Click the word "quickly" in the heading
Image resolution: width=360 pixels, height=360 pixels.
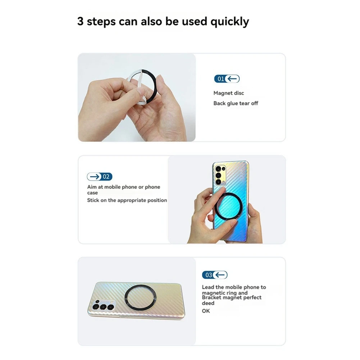[x=229, y=22]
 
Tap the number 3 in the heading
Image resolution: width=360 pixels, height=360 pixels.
[x=81, y=21]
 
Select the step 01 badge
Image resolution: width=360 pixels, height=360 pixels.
[x=227, y=79]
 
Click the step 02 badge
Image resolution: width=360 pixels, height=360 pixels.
[x=100, y=177]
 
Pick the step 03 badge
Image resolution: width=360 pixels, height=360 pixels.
[x=214, y=275]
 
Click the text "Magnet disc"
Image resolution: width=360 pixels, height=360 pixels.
[x=229, y=93]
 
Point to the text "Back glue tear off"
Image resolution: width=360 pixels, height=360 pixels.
[x=236, y=103]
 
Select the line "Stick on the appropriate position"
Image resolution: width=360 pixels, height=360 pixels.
[x=127, y=200]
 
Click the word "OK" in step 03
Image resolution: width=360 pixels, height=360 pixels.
[x=206, y=311]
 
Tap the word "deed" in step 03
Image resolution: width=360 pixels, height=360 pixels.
[x=208, y=303]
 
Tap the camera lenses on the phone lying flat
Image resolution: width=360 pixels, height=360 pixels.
[x=102, y=307]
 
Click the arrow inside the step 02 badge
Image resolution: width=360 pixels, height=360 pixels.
[x=95, y=177]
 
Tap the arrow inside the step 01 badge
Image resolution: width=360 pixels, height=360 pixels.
[x=233, y=79]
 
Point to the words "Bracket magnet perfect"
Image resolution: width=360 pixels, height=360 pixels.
[x=232, y=297]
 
